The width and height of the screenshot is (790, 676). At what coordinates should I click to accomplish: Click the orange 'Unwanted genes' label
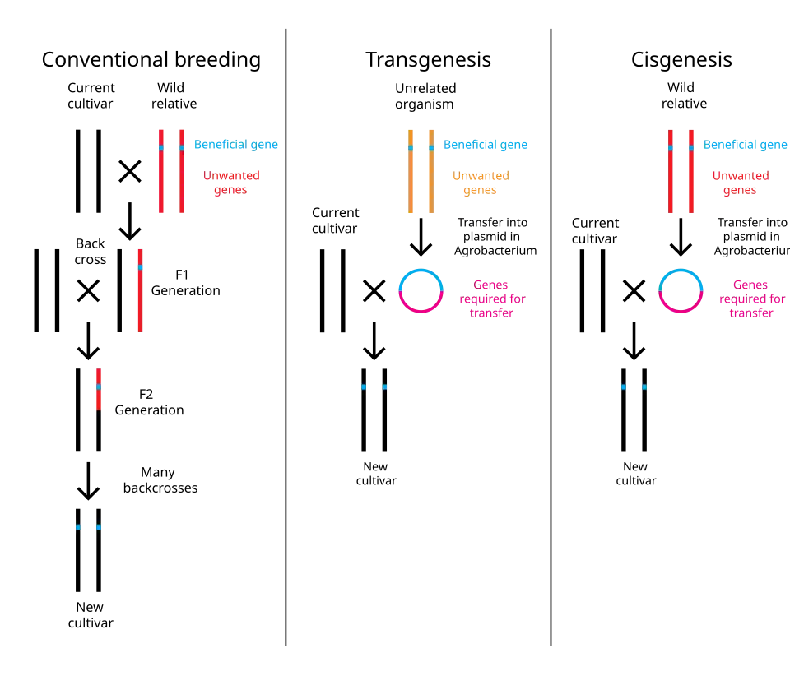[480, 183]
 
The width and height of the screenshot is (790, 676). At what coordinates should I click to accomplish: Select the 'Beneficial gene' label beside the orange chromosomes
[487, 146]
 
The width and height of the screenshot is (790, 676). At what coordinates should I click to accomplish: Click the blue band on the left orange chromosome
[411, 148]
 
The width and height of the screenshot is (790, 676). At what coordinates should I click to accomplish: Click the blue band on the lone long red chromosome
[140, 267]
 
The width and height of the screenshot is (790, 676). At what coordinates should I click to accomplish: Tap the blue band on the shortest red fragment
[99, 386]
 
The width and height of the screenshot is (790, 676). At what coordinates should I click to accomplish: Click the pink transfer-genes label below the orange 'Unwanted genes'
[491, 299]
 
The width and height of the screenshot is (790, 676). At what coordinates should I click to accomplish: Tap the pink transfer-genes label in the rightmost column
[752, 299]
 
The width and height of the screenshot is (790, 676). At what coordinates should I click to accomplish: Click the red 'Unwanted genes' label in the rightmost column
[740, 183]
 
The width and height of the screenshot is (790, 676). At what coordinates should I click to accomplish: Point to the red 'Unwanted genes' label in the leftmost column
[231, 183]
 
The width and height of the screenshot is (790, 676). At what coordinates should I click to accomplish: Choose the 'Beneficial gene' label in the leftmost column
[236, 146]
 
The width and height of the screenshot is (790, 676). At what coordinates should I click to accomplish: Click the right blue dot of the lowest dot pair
[99, 527]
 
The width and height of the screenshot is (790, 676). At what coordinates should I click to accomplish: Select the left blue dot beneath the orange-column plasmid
[363, 387]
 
